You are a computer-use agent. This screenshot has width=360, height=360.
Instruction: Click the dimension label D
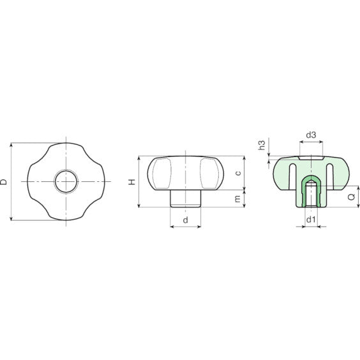4,182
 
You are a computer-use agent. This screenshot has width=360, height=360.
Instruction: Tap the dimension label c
238,173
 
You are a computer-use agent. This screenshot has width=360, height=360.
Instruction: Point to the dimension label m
238,199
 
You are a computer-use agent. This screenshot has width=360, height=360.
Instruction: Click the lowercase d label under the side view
186,220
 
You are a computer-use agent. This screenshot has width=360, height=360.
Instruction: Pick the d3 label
311,135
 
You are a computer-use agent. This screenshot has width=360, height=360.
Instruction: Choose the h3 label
262,145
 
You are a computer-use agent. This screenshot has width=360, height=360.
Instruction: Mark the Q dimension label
352,197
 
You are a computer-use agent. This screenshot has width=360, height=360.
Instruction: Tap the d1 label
311,220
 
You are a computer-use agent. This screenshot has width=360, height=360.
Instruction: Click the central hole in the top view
66,182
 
